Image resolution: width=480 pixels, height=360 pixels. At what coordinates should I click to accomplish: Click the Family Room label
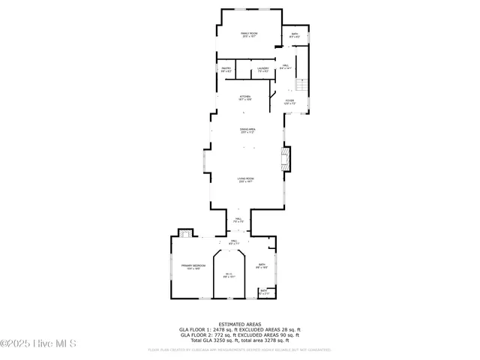coord(249,34)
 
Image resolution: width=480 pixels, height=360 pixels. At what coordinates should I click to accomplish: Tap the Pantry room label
coord(226,70)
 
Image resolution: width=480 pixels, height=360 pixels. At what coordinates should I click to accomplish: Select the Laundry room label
coord(262,70)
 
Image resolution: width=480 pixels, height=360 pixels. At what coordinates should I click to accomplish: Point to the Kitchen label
coord(244,97)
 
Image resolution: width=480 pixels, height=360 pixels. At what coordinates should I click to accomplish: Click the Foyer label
coord(289,101)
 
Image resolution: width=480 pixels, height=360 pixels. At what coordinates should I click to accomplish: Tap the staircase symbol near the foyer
coord(302,84)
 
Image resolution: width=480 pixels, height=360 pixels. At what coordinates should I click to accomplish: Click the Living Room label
coord(246,180)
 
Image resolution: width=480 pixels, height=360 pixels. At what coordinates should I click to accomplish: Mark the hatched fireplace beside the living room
coord(284,158)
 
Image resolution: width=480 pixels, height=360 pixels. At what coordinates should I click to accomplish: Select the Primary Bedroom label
coord(193,267)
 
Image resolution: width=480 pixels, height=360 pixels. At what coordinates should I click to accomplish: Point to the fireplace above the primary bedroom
coord(183,232)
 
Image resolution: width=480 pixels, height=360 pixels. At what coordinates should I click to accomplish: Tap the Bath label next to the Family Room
coord(295,35)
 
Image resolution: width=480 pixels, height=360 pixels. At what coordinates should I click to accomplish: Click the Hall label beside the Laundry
coord(285,67)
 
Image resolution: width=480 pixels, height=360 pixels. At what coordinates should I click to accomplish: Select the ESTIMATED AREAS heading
coord(240,324)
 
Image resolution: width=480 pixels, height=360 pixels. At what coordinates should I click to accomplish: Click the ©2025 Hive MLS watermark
coord(39,344)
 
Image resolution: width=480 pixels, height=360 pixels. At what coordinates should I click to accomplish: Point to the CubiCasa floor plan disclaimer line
coord(240,349)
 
